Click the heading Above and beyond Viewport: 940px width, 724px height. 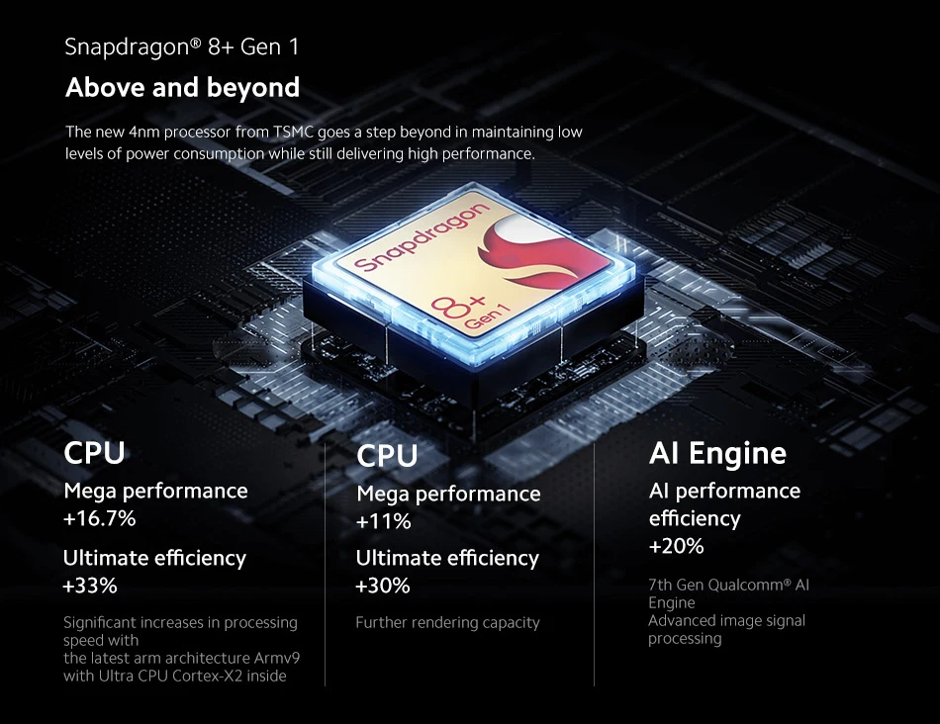click(x=182, y=88)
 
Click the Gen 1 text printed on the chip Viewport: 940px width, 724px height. click(x=484, y=317)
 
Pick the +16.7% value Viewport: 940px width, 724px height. click(x=100, y=518)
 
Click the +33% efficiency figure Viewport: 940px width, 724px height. click(x=90, y=586)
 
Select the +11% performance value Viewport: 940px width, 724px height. click(x=383, y=521)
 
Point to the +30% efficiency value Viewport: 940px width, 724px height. click(x=383, y=586)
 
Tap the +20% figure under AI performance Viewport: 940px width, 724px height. click(x=677, y=546)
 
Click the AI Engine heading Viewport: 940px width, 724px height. click(x=717, y=453)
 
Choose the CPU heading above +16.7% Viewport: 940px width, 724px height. click(x=95, y=453)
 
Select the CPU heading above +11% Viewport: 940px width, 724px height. click(x=387, y=456)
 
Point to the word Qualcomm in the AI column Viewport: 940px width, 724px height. click(x=743, y=585)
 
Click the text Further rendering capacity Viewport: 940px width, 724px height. click(x=447, y=622)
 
